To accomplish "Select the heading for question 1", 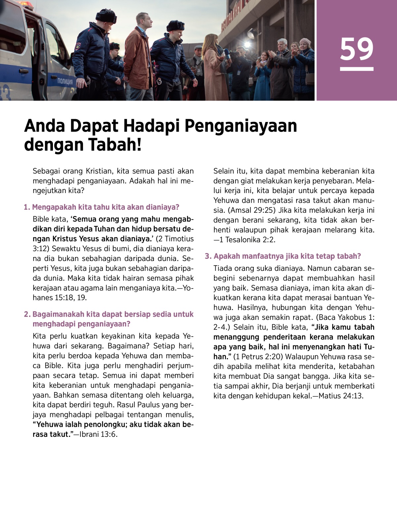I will [x=102, y=207].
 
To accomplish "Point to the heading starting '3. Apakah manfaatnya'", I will [x=283, y=256].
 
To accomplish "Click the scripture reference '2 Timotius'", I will [x=175, y=239].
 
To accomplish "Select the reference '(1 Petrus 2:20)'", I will [x=258, y=357].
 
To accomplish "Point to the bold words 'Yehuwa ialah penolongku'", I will [x=81, y=425].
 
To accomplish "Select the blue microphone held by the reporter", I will [x=227, y=54].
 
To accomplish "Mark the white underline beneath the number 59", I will [x=356, y=69].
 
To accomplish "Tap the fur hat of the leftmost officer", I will [x=106, y=16].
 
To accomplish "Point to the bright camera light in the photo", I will [x=247, y=44].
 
